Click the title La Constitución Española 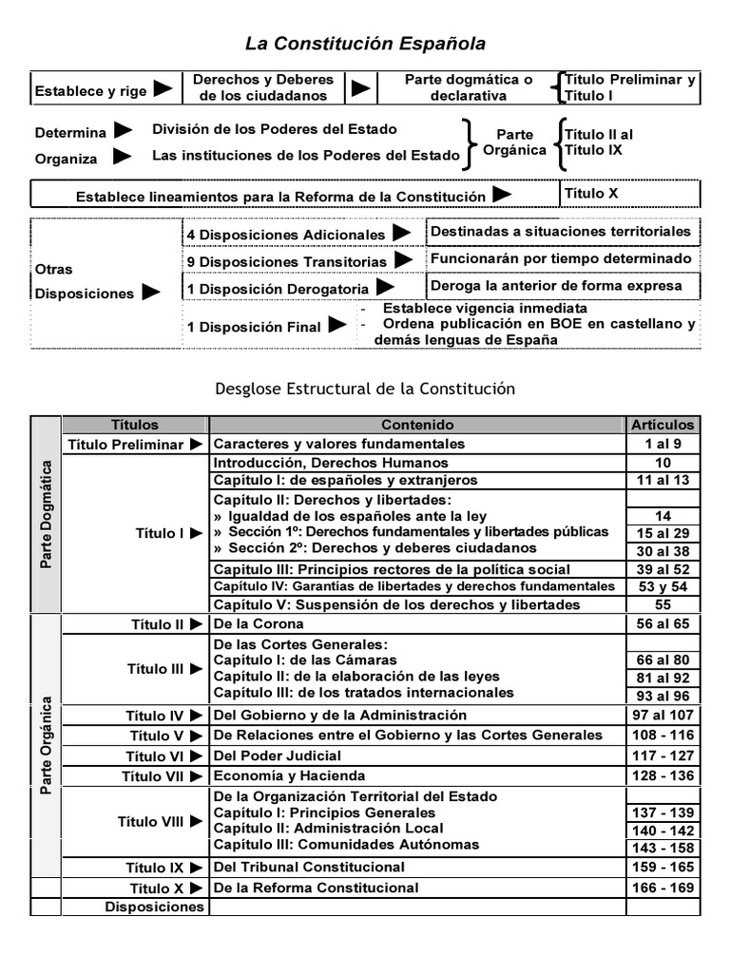tap(366, 44)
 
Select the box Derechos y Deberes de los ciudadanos tap(271, 87)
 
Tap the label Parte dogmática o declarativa tap(468, 87)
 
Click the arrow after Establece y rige tap(163, 88)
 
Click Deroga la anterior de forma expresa tap(556, 285)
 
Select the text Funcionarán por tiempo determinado tap(561, 258)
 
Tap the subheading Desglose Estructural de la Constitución tap(365, 389)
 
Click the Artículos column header tap(663, 426)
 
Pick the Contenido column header tap(417, 426)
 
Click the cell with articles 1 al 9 tap(663, 444)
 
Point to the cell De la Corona tap(259, 623)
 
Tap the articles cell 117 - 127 tap(663, 756)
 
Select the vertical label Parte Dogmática tap(46, 516)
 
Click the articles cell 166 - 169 tap(663, 887)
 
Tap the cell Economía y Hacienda tap(289, 776)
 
